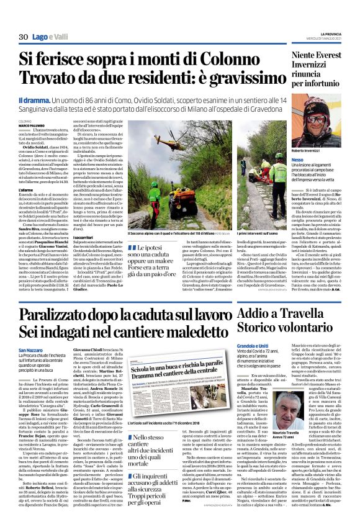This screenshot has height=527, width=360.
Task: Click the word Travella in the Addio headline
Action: point(320,317)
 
